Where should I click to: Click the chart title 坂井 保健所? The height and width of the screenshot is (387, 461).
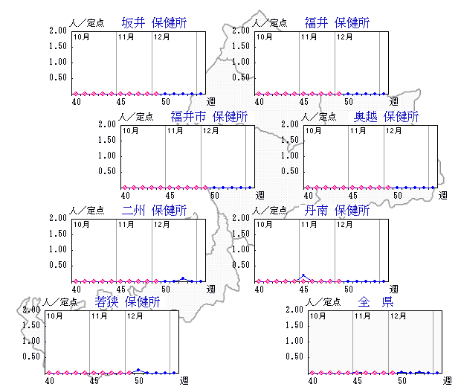153,23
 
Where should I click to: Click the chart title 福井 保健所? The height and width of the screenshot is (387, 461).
337,23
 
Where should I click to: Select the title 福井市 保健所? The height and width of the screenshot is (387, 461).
209,117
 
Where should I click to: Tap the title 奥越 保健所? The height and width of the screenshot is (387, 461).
386,117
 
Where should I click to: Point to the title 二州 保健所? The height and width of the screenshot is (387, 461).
153,211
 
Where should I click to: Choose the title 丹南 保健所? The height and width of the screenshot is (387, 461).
337,211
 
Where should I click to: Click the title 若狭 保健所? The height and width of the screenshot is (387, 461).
127,302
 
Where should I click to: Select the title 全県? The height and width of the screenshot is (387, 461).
375,302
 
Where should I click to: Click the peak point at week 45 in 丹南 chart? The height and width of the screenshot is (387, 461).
303,275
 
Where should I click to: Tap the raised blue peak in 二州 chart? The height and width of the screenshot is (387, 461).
182,278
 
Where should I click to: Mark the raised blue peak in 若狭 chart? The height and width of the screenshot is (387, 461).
138,369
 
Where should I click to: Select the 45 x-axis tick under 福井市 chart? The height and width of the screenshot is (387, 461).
170,195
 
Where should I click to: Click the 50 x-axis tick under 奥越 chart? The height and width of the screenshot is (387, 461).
398,195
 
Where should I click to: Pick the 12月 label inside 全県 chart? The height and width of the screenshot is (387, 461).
398,316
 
